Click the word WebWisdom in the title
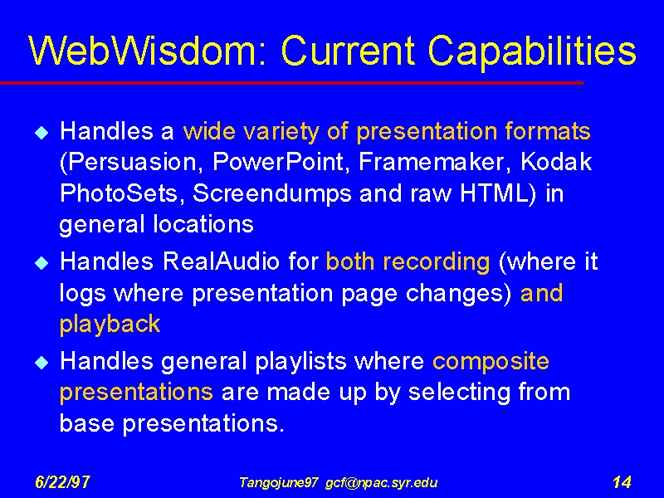coord(148,51)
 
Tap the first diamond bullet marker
coord(42,133)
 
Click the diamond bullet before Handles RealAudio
coord(42,263)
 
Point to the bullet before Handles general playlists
coord(42,363)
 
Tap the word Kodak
coord(556,161)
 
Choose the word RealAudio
coord(221,261)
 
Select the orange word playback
coord(110,325)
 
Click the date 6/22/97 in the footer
coord(62,482)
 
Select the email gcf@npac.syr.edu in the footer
coord(381,483)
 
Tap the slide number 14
coord(622,482)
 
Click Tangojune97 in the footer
coord(278,483)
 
